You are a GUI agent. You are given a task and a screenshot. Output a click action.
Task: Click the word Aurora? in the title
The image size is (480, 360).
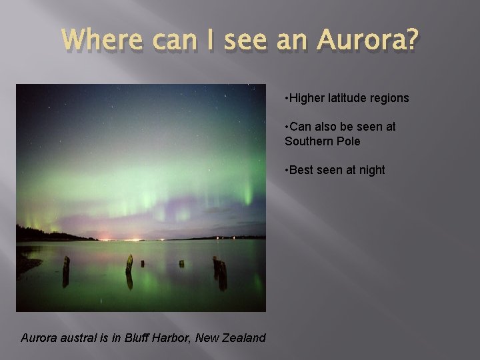[x=368, y=41]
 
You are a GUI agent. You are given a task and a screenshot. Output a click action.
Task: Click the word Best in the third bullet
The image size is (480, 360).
[x=301, y=170]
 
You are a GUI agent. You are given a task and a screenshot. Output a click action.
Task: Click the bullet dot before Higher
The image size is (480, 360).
[x=286, y=98]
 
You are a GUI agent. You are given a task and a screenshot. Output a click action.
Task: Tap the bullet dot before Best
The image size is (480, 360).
[x=286, y=170]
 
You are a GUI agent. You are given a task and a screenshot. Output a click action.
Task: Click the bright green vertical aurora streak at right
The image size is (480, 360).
[x=249, y=194]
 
